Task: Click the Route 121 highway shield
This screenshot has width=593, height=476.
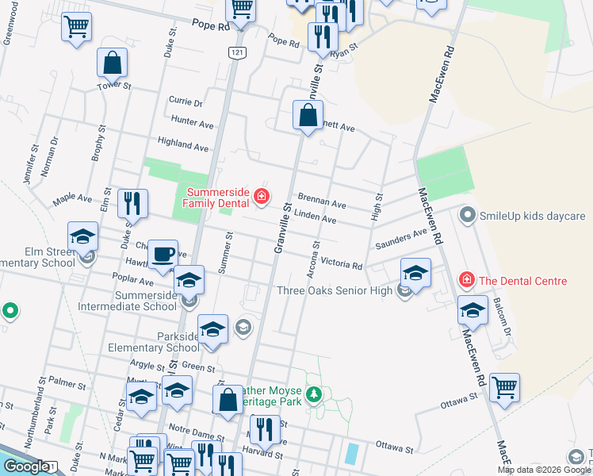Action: point(236,52)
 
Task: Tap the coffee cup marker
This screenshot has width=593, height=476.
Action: point(163,255)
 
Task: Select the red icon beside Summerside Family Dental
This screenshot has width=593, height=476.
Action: point(261,195)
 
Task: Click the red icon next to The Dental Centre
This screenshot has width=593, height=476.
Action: point(467,280)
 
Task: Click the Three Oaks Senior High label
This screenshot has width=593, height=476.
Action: point(334,290)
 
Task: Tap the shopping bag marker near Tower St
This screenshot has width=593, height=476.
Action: point(113,63)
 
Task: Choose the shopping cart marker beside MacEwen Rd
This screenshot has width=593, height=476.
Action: point(504,388)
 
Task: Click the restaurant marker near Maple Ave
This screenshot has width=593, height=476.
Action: point(132,203)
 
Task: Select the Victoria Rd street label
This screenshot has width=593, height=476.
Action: point(342,263)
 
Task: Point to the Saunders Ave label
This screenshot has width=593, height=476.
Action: point(401,236)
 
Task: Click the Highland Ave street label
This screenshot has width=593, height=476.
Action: point(182,146)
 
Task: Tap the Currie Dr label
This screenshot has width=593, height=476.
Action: point(186,102)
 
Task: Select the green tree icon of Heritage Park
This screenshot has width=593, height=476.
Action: point(315,393)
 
